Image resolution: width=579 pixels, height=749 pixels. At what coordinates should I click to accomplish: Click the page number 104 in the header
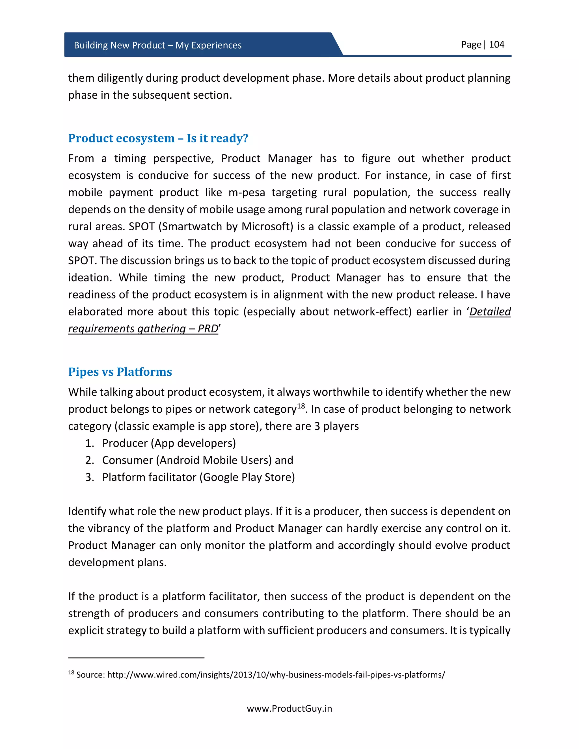pos(496,45)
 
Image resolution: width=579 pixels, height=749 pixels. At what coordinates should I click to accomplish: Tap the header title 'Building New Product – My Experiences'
pos(157,45)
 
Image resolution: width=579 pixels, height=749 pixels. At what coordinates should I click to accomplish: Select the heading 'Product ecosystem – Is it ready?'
pos(158,138)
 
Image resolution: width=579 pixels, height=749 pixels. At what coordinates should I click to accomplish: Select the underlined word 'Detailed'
pos(490,312)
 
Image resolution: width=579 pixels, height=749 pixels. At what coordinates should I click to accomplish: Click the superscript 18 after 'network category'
pos(301,406)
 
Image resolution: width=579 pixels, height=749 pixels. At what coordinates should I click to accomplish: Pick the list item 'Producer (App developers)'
pos(169,443)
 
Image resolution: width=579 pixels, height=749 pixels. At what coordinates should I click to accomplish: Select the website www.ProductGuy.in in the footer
pos(289,709)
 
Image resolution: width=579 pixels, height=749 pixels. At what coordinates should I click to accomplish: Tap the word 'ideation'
pos(90,278)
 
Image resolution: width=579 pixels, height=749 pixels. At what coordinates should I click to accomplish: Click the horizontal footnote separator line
pos(136,658)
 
